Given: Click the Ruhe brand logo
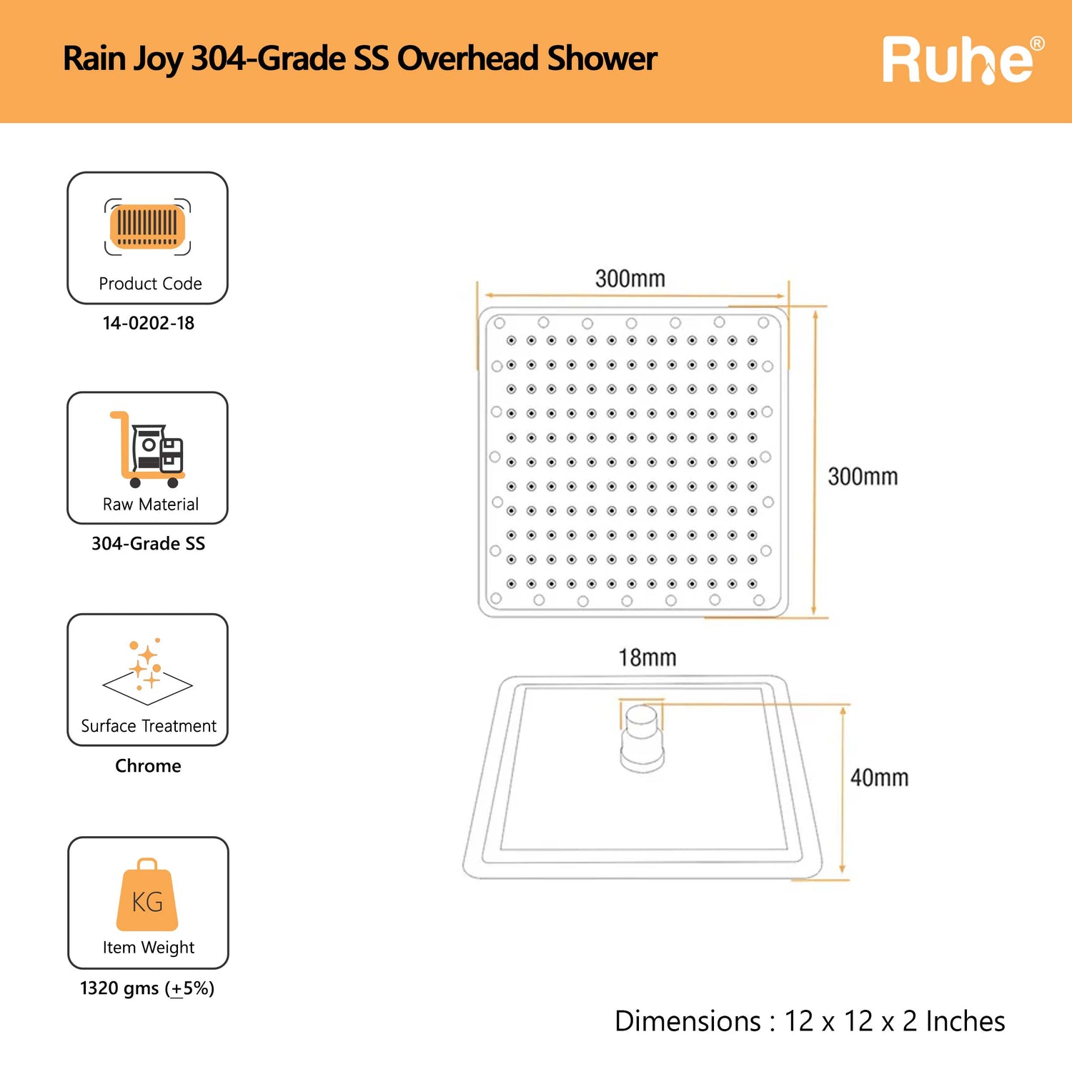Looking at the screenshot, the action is click(963, 60).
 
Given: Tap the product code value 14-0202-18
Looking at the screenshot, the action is click(148, 323).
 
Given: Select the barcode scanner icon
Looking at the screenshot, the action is click(147, 227).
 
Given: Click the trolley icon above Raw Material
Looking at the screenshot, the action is click(147, 449).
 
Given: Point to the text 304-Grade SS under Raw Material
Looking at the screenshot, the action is click(148, 544).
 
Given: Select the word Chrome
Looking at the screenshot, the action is click(148, 765).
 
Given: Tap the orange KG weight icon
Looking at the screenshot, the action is click(147, 895).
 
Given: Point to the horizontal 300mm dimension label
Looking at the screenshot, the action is click(630, 279).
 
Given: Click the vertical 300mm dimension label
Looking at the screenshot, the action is click(863, 477).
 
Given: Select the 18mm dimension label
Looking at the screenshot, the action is click(647, 657).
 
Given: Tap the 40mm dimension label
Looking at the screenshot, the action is click(880, 778).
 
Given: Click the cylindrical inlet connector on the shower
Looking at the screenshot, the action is click(642, 739).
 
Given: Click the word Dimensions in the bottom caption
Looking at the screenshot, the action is click(688, 1021).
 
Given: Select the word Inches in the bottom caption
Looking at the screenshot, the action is click(966, 1021).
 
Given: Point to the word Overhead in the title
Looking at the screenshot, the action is click(467, 59).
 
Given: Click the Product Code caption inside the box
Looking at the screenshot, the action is click(150, 284).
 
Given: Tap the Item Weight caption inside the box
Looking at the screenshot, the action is click(149, 948).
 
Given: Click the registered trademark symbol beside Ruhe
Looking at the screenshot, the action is click(1037, 44).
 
